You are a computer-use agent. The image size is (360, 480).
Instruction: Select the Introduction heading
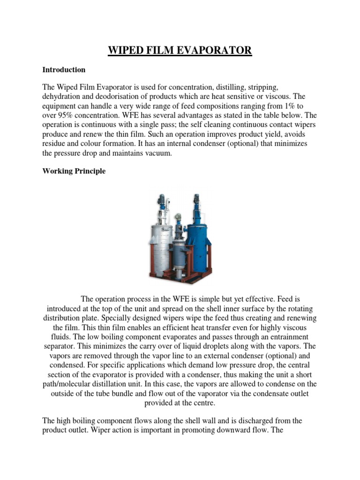pyautogui.click(x=64, y=70)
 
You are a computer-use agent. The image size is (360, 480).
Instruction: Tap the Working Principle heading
pyautogui.click(x=74, y=171)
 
